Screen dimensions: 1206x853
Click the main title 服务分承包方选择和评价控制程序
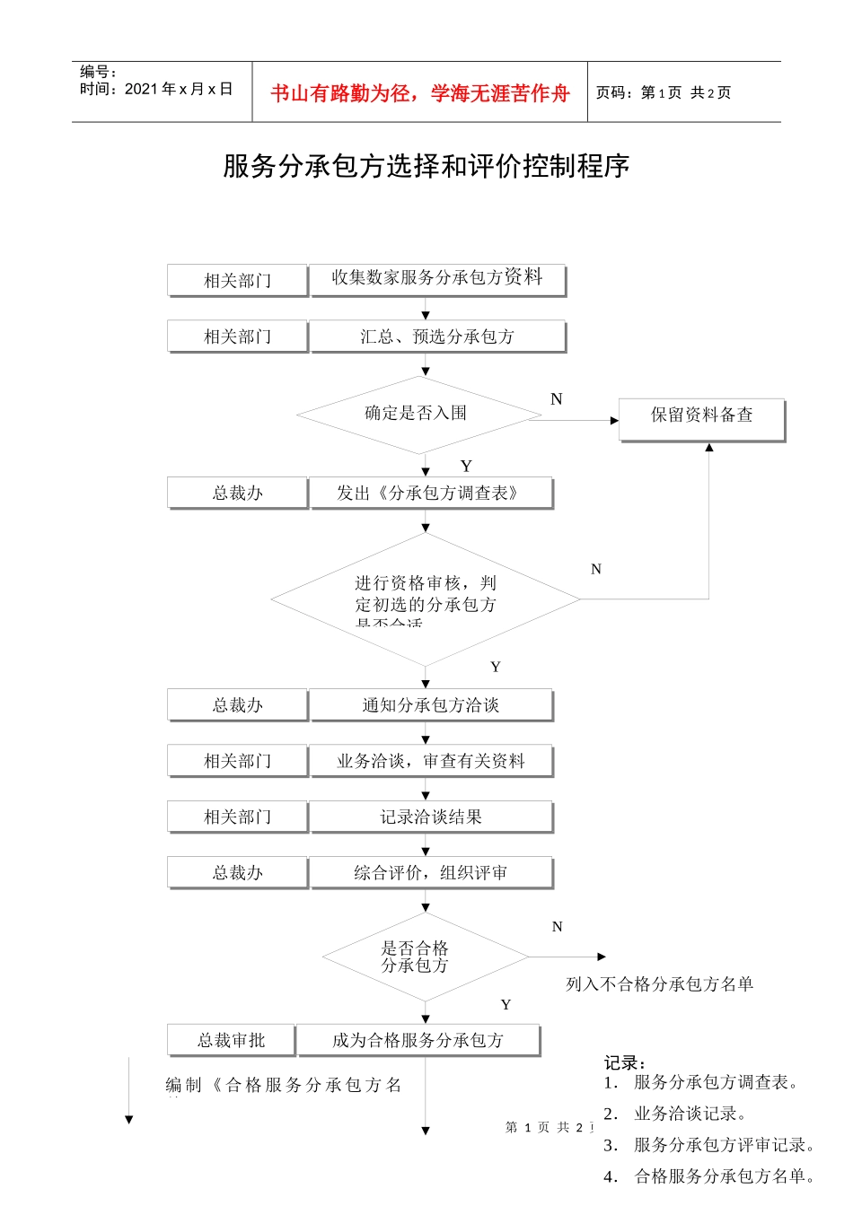(x=426, y=166)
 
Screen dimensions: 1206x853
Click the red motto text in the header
(x=419, y=93)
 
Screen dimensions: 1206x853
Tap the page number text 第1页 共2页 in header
(x=664, y=92)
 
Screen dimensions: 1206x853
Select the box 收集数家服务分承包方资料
(x=437, y=278)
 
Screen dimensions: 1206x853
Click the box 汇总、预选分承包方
(x=437, y=336)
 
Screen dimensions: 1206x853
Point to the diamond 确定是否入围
(x=417, y=414)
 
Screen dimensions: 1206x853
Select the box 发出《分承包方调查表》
(x=430, y=493)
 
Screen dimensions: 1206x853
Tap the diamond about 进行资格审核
(x=426, y=599)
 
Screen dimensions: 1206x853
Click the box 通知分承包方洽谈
(x=430, y=705)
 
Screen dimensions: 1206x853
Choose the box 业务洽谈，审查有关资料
(x=430, y=761)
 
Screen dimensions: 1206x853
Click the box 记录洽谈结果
(x=430, y=817)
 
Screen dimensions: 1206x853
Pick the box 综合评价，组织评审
(x=430, y=872)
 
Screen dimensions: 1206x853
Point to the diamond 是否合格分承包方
(x=423, y=957)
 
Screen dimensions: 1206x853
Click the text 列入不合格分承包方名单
(x=659, y=984)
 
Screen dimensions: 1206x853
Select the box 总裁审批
(x=231, y=1040)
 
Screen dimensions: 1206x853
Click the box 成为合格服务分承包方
(x=418, y=1040)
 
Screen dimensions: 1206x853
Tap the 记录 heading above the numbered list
(x=625, y=1063)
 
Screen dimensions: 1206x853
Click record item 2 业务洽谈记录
(x=690, y=1114)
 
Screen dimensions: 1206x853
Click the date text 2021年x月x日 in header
(x=179, y=89)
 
